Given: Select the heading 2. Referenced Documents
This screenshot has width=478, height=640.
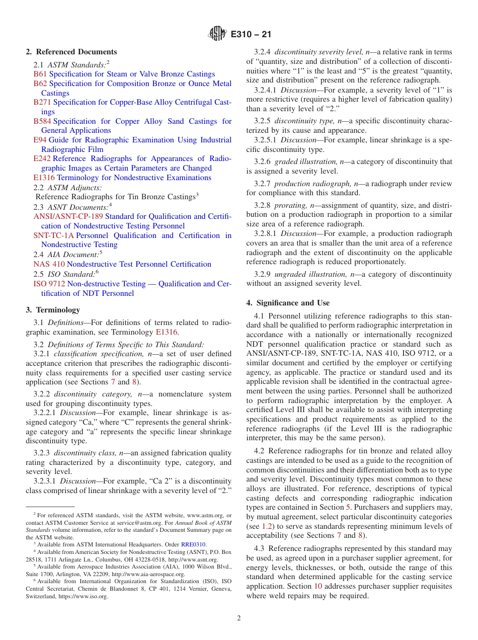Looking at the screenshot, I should [71, 52].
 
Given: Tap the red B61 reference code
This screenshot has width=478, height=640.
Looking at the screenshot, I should [40, 74].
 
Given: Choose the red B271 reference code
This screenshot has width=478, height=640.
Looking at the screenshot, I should [42, 102].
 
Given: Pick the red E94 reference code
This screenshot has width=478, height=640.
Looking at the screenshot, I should [40, 140].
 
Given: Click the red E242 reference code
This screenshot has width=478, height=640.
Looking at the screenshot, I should [42, 158].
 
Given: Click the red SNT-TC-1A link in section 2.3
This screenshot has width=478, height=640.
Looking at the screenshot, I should [53, 235].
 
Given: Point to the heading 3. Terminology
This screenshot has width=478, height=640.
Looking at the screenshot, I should [53, 310].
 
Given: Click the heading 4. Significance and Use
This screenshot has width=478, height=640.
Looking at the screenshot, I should [288, 303].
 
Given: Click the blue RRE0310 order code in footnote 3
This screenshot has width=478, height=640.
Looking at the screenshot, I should [193, 544].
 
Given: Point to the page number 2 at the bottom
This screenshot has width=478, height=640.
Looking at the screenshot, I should [239, 618].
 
